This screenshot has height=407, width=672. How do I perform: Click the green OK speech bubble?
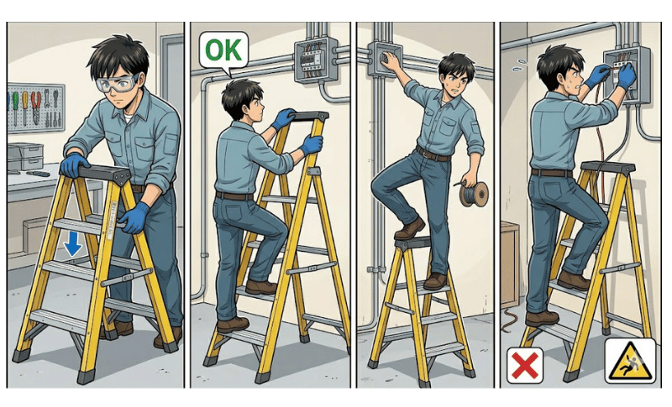(x=223, y=50)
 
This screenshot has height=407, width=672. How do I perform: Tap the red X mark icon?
(x=525, y=366)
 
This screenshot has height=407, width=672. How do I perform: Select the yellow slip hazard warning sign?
(x=630, y=361)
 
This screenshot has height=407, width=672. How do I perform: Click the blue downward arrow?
(x=73, y=243)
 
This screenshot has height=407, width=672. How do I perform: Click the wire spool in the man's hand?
(x=474, y=194)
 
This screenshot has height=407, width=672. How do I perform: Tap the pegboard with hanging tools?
(x=36, y=108)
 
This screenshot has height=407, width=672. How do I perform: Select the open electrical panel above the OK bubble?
(x=316, y=59)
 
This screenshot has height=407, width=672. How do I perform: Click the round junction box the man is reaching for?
(x=385, y=59)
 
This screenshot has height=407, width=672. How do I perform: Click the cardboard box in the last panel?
(x=510, y=264)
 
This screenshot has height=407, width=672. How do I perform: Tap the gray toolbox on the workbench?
(x=25, y=157)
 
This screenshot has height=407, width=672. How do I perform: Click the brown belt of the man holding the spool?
(x=433, y=154)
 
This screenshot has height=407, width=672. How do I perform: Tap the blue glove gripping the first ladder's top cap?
(x=74, y=164)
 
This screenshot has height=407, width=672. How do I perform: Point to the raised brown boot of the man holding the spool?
(x=409, y=228)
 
